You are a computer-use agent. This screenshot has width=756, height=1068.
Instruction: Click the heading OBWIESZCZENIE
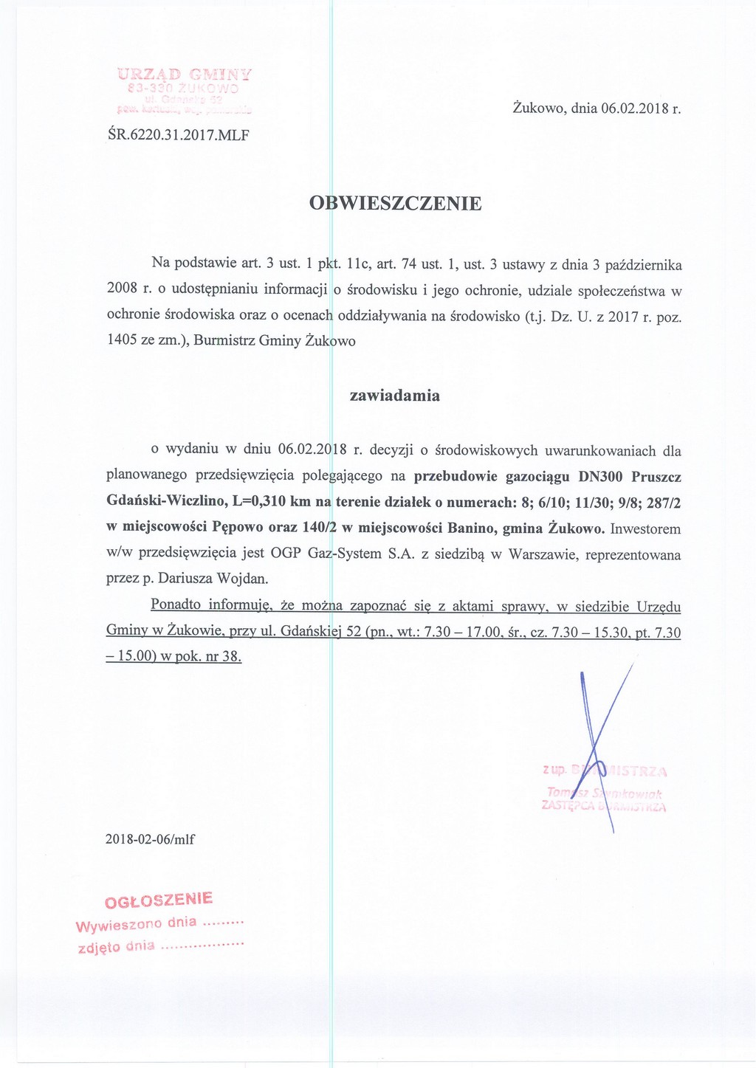coord(395,204)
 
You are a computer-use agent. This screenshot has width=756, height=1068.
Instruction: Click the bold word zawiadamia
coord(395,396)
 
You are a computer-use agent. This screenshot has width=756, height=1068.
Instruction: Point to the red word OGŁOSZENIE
coord(159,900)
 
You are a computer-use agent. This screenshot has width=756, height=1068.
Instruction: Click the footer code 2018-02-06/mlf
coord(151,839)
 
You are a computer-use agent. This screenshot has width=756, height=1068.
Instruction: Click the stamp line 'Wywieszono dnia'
coord(137,924)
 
